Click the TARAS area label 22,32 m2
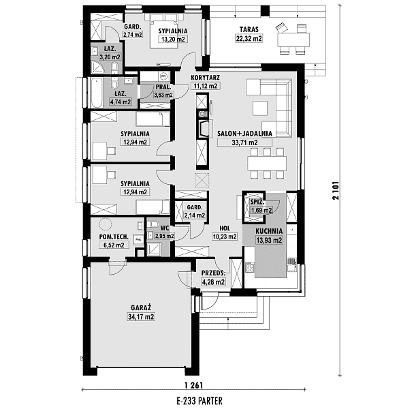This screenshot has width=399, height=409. point(249,38)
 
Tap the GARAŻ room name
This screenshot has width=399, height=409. point(141,307)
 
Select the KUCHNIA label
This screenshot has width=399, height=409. point(269,231)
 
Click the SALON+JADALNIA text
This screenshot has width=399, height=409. point(244,134)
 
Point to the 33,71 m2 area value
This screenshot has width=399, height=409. point(244,142)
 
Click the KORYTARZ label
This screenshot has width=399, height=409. point(206,78)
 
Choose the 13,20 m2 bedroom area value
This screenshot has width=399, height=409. point(173,40)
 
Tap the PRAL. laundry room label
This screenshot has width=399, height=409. point(163,87)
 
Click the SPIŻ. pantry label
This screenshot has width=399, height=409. point(257,202)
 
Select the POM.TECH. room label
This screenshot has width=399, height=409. point(114,237)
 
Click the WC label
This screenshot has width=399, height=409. point(165,228)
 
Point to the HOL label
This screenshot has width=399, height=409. point(225,228)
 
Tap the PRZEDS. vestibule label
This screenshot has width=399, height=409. point(213,273)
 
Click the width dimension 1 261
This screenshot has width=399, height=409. point(193,385)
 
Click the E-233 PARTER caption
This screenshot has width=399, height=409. point(199,400)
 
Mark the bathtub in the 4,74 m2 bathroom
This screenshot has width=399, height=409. point(97,93)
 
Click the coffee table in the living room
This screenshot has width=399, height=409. point(259,108)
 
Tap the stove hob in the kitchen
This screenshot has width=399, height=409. point(250,267)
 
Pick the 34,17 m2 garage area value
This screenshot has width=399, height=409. point(141,317)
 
